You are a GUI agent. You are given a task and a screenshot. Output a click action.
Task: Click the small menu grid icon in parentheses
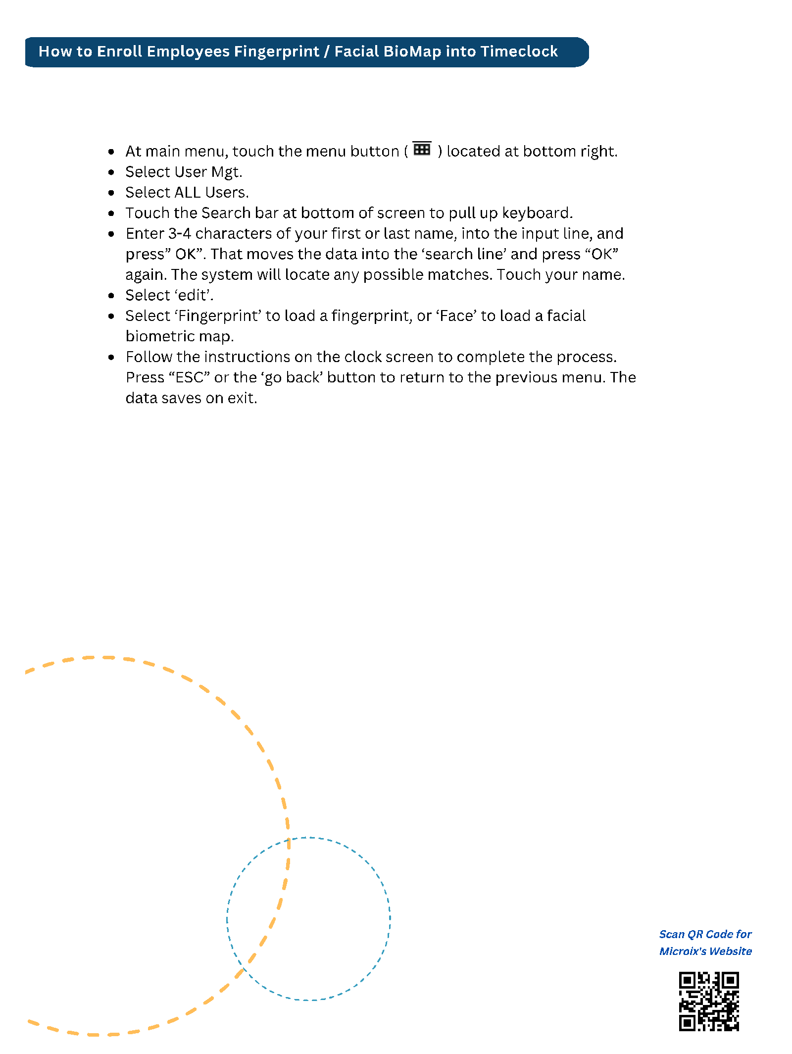422,149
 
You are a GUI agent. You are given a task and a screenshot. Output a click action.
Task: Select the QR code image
709,1001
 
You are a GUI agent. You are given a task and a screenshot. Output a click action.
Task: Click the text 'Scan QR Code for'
705,934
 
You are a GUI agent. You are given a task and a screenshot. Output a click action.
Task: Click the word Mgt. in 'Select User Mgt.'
227,172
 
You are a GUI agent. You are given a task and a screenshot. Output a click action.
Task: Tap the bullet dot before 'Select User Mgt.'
111,172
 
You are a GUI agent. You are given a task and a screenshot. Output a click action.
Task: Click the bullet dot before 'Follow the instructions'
111,357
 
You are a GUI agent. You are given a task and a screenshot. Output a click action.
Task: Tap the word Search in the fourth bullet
226,213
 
